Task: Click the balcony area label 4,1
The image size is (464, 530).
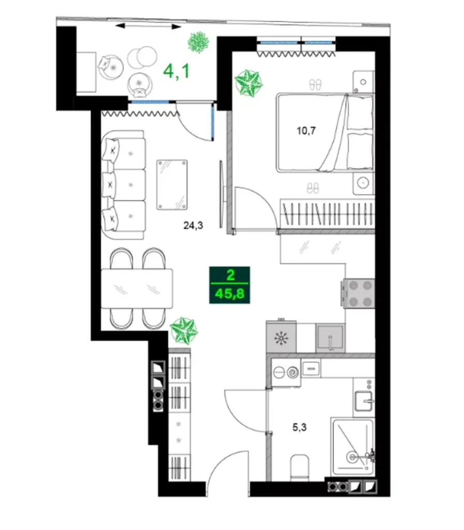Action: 176,70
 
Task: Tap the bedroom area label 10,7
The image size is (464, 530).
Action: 306,130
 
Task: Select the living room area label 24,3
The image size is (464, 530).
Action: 192,225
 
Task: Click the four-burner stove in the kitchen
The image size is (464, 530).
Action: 358,294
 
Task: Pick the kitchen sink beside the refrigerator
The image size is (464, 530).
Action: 331,338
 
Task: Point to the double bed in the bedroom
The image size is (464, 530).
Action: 324,132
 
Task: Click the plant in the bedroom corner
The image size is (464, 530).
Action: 248,82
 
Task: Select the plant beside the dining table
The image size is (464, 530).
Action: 184,330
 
